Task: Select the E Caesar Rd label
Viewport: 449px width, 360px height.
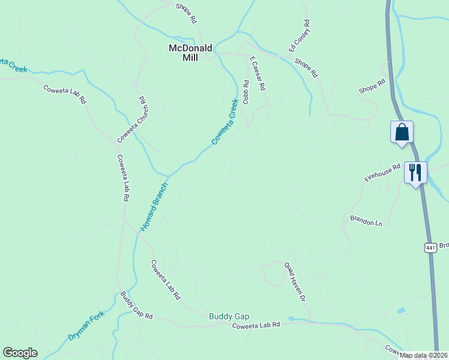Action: click(258, 73)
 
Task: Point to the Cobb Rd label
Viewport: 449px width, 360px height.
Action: click(246, 92)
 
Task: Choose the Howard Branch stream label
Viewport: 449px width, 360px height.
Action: click(154, 207)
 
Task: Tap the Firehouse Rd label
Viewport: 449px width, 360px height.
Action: click(382, 173)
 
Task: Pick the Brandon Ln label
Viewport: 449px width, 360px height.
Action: click(366, 220)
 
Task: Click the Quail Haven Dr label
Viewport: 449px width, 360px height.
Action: click(295, 281)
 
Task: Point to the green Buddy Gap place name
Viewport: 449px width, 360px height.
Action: click(229, 316)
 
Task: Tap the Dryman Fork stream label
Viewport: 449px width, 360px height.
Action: click(86, 326)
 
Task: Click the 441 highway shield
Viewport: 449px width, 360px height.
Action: click(430, 247)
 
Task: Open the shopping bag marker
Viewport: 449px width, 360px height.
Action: click(401, 132)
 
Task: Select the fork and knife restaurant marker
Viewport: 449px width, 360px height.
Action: click(415, 172)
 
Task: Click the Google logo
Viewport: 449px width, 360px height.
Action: click(20, 353)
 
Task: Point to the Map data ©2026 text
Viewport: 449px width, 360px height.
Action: click(423, 355)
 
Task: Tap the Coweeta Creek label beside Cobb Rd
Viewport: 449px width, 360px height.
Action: click(225, 122)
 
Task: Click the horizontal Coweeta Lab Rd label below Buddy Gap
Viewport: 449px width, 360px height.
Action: click(256, 325)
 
